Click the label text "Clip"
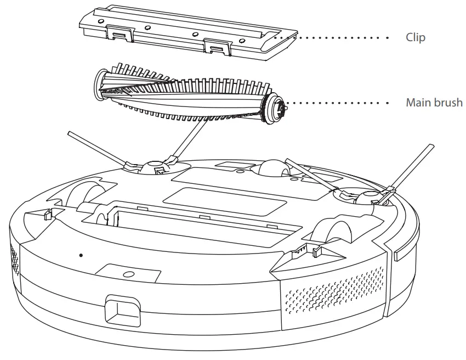pos(415,38)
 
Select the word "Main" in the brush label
pos(417,103)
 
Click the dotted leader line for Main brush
pos(340,103)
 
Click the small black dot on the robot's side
pos(81,255)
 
